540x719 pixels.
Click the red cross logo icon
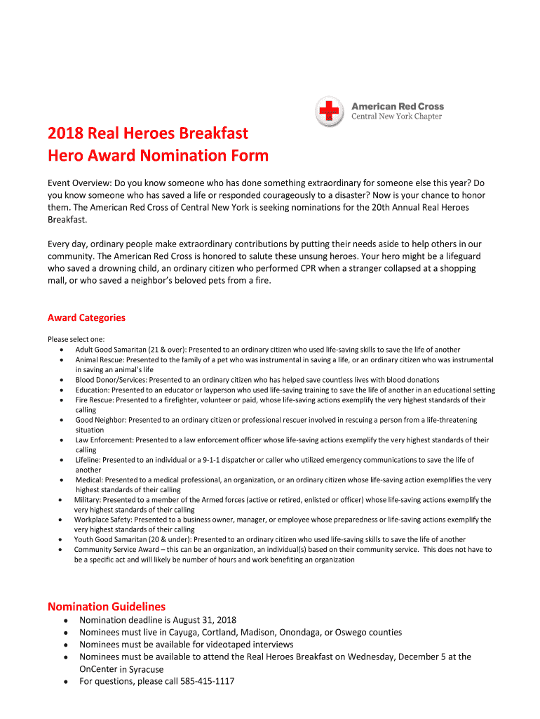point(329,112)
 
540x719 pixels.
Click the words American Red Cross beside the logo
point(397,107)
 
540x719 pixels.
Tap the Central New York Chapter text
point(396,117)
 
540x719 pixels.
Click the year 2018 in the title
point(65,133)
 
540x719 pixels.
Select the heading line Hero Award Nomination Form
point(158,155)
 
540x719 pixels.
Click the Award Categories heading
point(86,317)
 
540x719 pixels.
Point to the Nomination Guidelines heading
point(106,606)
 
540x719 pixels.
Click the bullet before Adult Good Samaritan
point(64,350)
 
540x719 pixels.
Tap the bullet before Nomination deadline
point(65,621)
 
